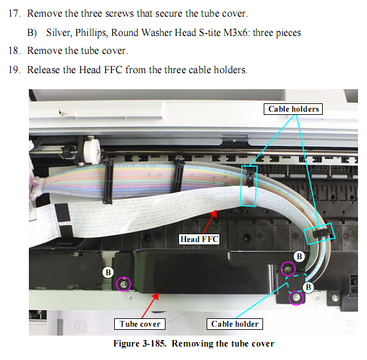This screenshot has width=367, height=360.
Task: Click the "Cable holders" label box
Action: click(293, 109)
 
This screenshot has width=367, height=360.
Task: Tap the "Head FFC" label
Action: click(199, 239)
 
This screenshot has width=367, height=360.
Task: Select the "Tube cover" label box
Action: click(140, 324)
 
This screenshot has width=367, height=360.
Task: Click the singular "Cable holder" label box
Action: click(235, 324)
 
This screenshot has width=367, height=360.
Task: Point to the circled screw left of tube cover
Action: click(123, 284)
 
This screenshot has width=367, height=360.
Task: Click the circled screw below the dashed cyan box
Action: click(296, 298)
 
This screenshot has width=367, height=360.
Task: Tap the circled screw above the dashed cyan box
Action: click(288, 269)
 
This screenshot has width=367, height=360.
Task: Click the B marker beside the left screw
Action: click(108, 273)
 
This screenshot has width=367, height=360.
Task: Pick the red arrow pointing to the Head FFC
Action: click(210, 222)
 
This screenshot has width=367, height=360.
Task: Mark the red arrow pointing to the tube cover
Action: click(150, 305)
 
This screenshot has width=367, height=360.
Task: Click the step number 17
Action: click(14, 13)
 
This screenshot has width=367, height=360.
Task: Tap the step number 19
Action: click(14, 70)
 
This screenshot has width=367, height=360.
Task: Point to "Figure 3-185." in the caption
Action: click(140, 343)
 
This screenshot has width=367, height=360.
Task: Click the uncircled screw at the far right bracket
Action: click(335, 298)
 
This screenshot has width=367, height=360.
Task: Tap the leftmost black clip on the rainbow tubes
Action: click(108, 181)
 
